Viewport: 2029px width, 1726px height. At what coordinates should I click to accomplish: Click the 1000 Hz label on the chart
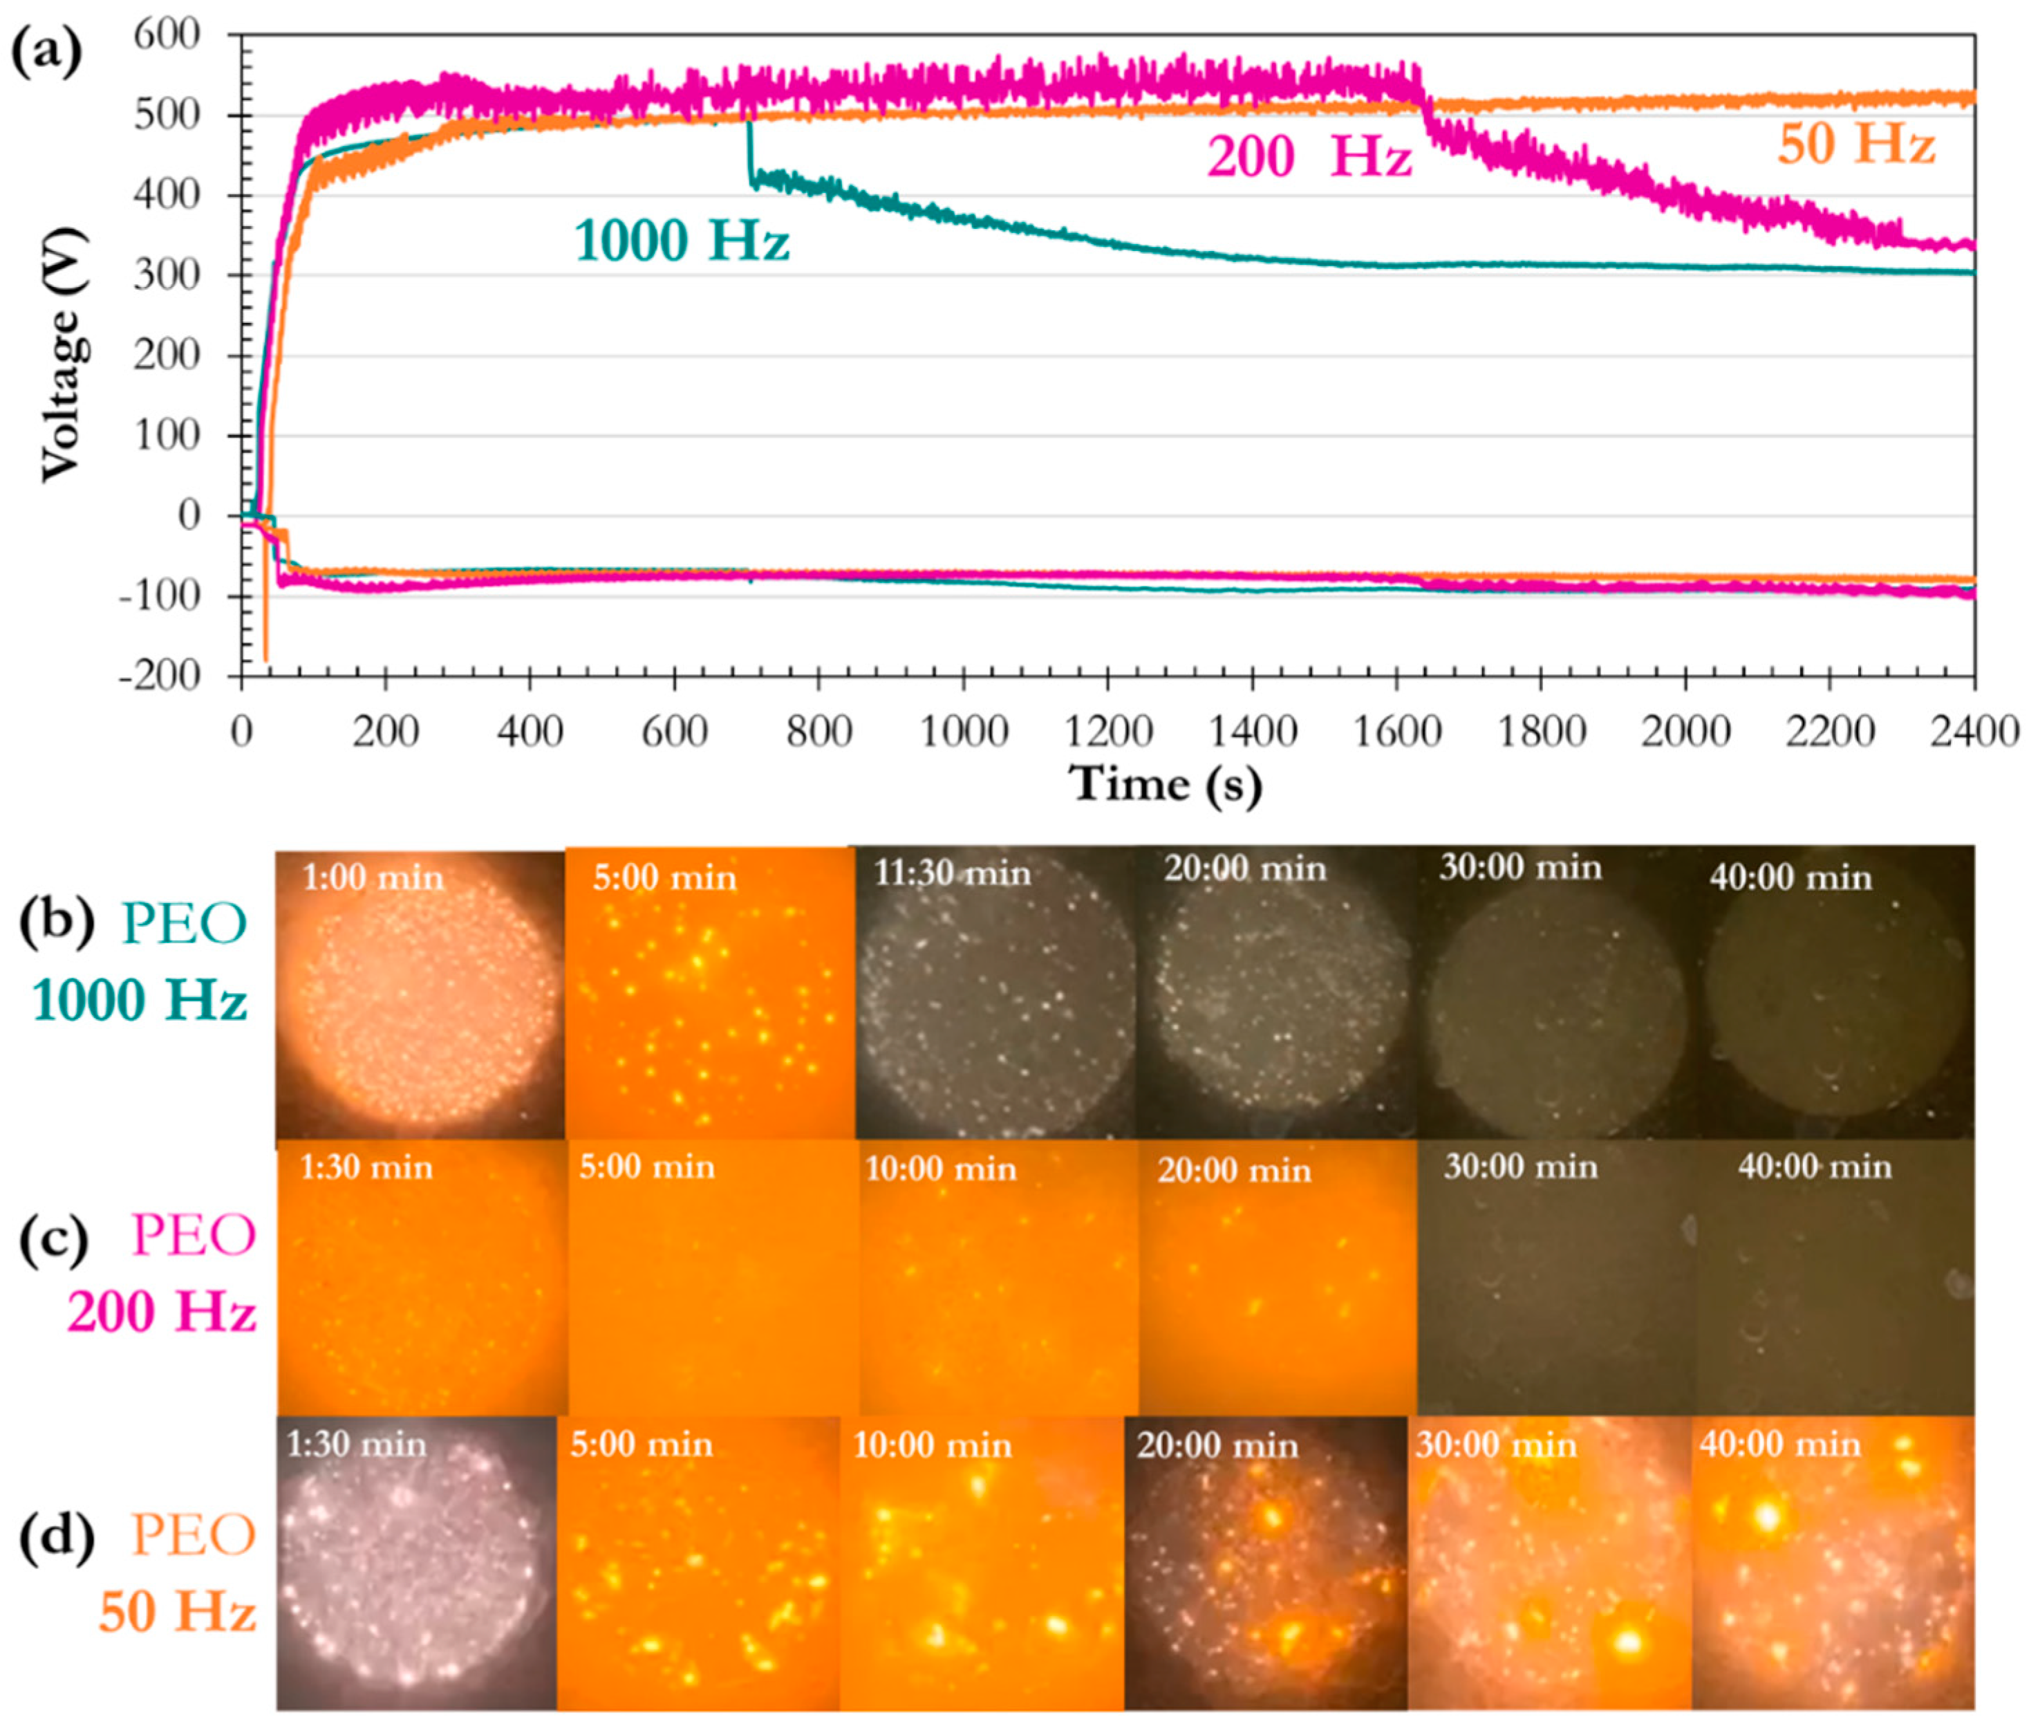pyautogui.click(x=681, y=240)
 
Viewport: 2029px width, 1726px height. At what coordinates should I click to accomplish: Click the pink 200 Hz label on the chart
pyautogui.click(x=1309, y=156)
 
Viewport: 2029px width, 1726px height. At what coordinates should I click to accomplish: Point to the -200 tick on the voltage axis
pyautogui.click(x=161, y=676)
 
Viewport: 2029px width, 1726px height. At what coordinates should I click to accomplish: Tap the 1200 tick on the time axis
pyautogui.click(x=1108, y=731)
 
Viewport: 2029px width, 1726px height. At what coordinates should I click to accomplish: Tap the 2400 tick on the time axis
pyautogui.click(x=1973, y=731)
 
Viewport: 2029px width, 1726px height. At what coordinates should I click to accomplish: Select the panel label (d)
pyautogui.click(x=57, y=1534)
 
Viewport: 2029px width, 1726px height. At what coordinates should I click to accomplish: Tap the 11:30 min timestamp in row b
pyautogui.click(x=951, y=873)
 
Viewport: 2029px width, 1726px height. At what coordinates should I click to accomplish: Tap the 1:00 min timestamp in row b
pyautogui.click(x=373, y=878)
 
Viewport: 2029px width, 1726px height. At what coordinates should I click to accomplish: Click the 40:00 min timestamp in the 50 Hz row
pyautogui.click(x=1779, y=1444)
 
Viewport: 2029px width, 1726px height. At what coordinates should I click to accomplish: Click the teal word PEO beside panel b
pyautogui.click(x=184, y=922)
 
